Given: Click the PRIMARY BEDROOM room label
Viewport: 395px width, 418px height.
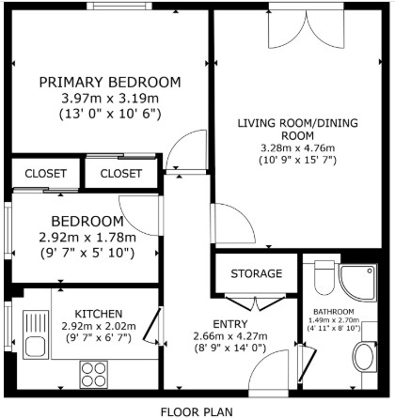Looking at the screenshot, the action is point(110,83).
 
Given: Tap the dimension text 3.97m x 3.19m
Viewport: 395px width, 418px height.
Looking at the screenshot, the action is point(110,99).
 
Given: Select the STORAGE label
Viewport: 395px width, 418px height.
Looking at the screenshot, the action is point(257,273).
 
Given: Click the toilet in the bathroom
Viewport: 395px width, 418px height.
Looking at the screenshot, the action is point(324,277).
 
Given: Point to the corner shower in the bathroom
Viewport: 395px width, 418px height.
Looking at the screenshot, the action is point(357,283).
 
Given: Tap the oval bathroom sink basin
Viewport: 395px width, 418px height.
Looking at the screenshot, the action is point(363,357).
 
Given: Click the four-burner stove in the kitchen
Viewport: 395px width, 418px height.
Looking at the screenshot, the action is point(94,375).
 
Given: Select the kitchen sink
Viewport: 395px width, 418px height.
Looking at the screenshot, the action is point(36,334).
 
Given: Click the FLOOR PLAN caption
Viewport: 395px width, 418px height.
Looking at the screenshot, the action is point(197,411).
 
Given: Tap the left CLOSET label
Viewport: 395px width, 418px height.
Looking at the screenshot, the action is point(45,174).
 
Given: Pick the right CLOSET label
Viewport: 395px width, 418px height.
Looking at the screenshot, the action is point(121,174).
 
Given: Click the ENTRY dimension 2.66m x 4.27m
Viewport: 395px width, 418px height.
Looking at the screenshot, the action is point(230,336).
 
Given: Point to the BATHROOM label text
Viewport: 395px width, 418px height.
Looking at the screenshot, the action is point(334,312).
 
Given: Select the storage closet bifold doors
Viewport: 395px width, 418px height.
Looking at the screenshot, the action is point(256,302).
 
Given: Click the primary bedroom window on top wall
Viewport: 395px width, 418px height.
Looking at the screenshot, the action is point(119,6).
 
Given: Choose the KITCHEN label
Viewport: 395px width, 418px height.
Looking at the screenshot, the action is point(99,314).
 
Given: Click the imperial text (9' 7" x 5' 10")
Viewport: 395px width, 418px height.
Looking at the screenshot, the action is point(87,253).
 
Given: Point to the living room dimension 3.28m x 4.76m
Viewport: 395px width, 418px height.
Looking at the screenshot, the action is point(297,148).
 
